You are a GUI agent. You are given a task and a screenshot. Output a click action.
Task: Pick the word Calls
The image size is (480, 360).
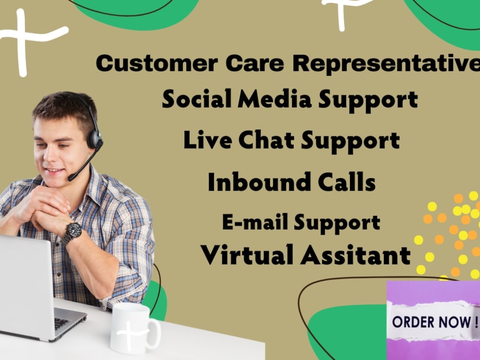click(347, 182)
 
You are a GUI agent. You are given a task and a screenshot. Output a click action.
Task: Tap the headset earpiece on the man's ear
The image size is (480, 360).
click(94, 139)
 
